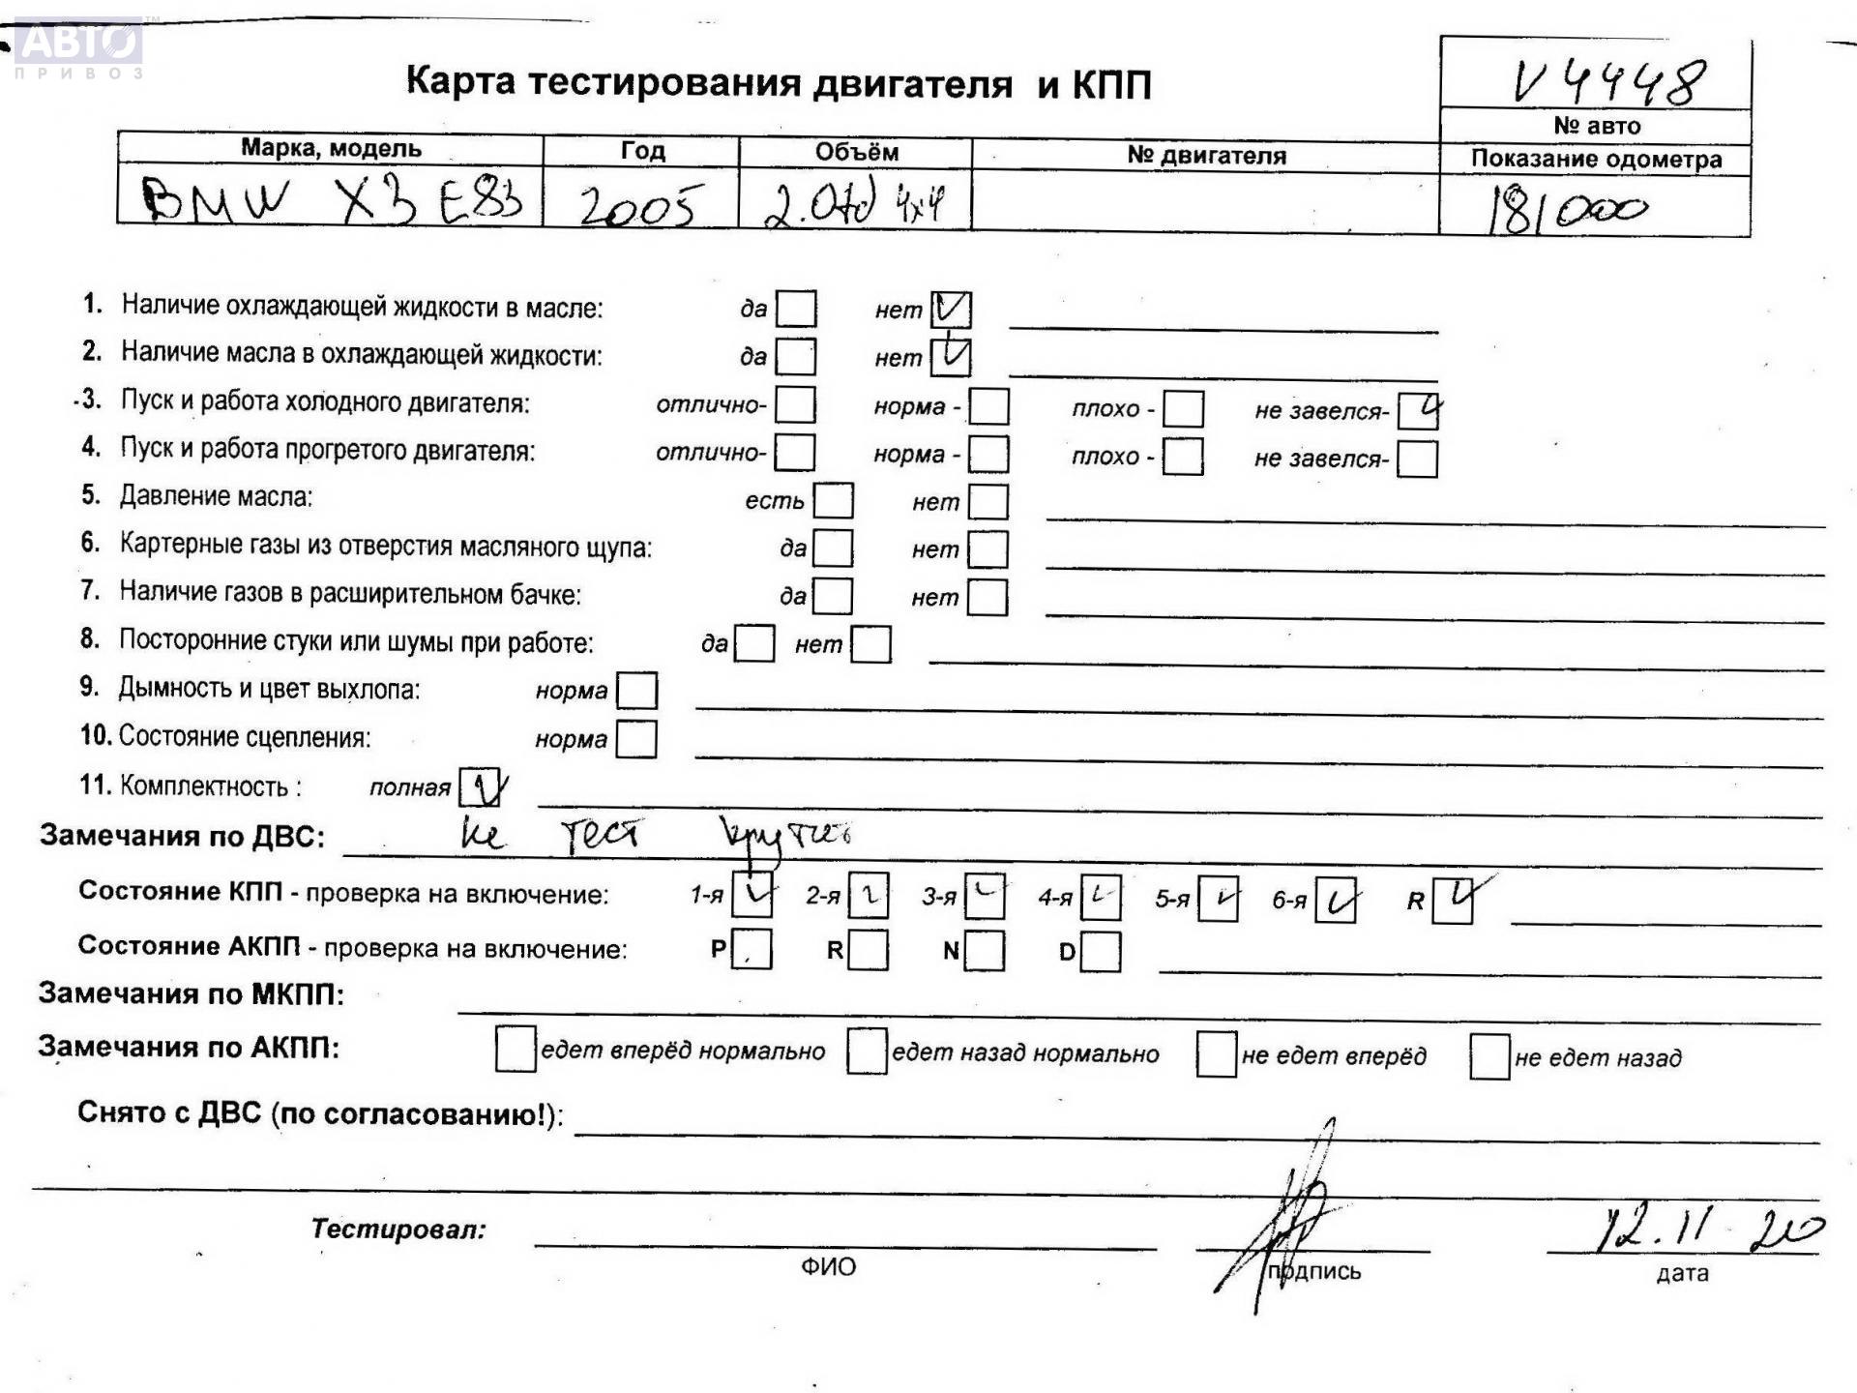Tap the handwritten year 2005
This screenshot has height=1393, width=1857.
coord(637,205)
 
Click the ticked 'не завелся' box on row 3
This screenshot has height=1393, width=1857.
coord(1418,411)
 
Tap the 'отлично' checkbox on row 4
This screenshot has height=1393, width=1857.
coord(795,453)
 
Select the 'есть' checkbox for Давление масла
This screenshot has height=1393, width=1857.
coord(834,501)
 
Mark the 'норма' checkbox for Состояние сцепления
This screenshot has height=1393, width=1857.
coord(636,739)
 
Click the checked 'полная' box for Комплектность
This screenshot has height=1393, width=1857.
coord(480,787)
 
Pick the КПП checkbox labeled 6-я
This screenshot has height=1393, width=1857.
coord(1335,901)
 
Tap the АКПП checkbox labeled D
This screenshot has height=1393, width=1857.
coord(1101,952)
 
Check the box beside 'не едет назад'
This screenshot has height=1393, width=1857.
coord(1489,1056)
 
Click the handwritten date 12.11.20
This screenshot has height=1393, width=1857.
coord(1707,1231)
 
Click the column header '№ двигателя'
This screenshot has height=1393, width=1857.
coord(1206,156)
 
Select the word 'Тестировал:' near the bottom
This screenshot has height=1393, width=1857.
coord(398,1230)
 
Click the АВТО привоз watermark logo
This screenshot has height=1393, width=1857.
coord(79,47)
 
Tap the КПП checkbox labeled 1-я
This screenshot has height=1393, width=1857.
coord(752,896)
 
